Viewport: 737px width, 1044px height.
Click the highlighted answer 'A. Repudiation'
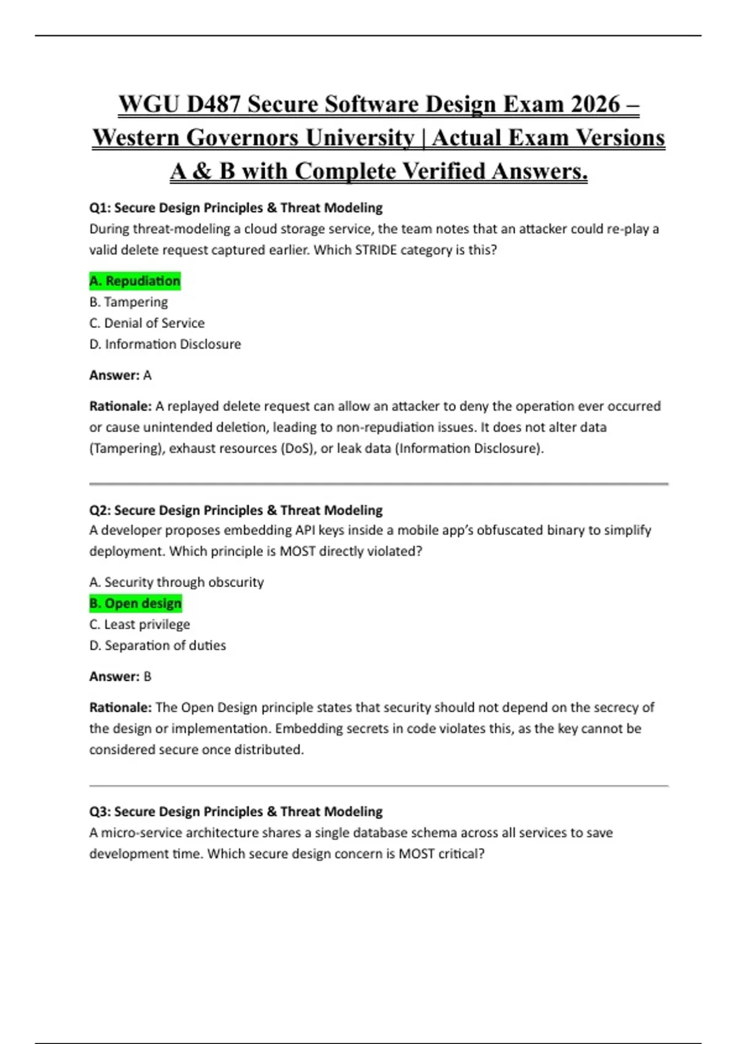tap(135, 281)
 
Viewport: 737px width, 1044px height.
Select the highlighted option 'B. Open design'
tap(136, 604)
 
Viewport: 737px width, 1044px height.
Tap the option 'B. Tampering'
tap(128, 302)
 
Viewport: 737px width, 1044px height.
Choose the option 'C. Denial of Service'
tap(147, 323)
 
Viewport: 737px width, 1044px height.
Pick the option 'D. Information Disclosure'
tap(165, 345)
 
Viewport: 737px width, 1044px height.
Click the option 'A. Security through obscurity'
tap(177, 582)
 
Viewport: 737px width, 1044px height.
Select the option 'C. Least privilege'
tap(139, 625)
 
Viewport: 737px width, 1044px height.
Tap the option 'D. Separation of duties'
tap(158, 645)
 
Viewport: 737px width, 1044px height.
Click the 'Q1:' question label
tap(99, 208)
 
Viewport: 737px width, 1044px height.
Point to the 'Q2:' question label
tap(99, 510)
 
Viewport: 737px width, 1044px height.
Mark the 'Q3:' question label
tap(99, 812)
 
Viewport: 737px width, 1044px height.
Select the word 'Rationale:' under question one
tap(120, 407)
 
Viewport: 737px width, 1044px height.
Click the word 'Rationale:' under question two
tap(120, 707)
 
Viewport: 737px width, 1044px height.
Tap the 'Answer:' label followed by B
tap(115, 677)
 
